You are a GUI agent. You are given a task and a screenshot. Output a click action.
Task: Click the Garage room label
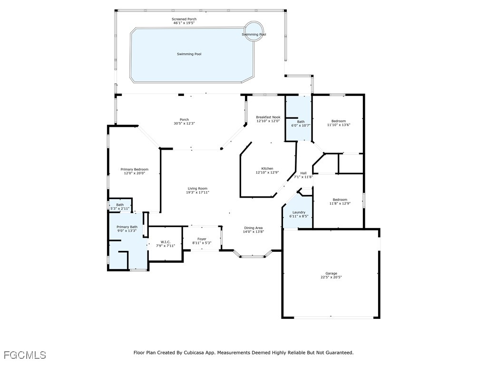click(331, 273)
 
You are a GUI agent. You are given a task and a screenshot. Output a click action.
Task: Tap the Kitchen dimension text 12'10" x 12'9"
click(267, 173)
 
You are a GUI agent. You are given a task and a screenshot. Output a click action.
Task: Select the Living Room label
click(197, 189)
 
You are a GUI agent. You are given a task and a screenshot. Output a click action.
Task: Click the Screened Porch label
click(184, 19)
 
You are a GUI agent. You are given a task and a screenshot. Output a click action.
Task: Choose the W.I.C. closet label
click(166, 242)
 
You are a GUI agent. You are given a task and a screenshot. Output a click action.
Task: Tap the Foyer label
click(202, 239)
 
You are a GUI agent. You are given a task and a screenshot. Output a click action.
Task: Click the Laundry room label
click(299, 212)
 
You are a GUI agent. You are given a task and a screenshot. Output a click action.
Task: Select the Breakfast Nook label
click(268, 117)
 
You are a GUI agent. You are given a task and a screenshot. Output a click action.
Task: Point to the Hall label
click(303, 173)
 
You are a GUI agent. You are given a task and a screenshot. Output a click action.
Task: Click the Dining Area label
click(253, 228)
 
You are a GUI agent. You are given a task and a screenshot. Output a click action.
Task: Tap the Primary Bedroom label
click(134, 169)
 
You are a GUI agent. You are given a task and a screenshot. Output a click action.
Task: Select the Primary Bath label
click(127, 227)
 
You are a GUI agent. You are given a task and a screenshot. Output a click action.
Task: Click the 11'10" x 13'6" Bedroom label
click(339, 121)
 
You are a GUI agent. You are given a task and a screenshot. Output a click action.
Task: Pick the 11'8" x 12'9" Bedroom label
click(340, 200)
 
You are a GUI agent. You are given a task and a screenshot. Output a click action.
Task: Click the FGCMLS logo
click(25, 355)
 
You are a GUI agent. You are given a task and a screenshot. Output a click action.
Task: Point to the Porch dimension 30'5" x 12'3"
click(184, 123)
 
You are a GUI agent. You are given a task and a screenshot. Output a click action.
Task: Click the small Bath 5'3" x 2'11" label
click(120, 204)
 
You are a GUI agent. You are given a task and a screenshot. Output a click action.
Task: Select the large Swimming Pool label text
click(189, 54)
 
